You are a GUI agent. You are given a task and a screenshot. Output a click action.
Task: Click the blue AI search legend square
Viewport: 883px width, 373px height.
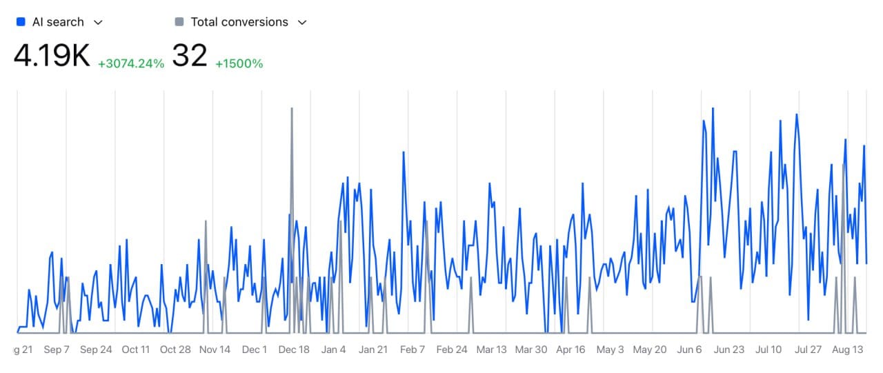coord(20,22)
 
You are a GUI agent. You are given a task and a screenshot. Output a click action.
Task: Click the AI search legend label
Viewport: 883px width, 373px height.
coord(58,22)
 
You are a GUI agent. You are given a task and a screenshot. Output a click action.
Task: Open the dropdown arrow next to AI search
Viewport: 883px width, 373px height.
coord(98,22)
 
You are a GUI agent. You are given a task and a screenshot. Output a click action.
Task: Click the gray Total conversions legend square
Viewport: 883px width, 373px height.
coord(179,22)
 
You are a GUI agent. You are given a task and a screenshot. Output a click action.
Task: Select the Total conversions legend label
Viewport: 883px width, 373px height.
coord(239,22)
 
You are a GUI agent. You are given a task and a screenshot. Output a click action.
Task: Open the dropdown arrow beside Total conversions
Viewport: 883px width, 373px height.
coord(301,22)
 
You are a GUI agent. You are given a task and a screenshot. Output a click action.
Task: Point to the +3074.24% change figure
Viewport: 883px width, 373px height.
coord(131,63)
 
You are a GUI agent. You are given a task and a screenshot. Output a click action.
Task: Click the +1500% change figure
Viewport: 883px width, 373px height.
coord(239,63)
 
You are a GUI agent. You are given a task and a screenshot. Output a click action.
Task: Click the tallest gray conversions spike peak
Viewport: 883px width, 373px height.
coord(292,108)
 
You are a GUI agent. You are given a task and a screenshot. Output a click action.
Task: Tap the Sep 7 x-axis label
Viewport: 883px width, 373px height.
coord(57,350)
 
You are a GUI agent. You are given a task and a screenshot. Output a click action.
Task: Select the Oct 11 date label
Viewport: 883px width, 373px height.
coord(135,350)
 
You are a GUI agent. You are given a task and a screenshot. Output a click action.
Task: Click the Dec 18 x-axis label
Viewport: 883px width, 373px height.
coord(294,350)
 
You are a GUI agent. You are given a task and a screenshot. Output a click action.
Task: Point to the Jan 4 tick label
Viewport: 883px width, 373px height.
coord(333,350)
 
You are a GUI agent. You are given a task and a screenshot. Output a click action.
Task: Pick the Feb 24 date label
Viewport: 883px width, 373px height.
coord(452,350)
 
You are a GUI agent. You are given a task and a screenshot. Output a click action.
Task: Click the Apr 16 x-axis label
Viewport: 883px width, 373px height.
coord(571,350)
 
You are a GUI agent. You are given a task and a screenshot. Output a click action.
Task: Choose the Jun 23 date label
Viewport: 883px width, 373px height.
coord(729,350)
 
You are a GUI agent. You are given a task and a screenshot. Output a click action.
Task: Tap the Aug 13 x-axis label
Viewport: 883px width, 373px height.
coord(848,350)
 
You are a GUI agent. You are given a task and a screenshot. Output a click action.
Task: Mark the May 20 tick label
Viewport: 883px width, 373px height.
coord(650,350)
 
